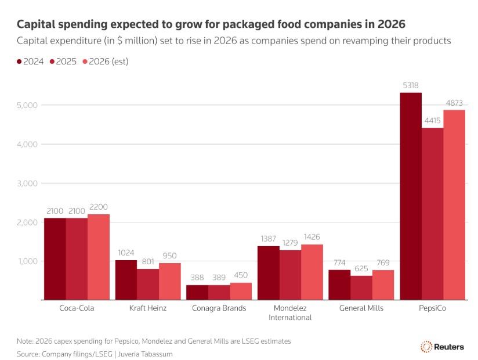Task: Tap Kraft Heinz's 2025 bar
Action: [x=148, y=285]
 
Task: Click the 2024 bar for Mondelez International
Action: [x=269, y=273]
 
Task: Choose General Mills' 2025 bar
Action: [x=361, y=288]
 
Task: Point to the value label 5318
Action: [x=411, y=86]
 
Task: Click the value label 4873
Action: [x=454, y=103]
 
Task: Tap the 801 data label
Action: [x=148, y=262]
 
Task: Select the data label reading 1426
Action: [x=312, y=237]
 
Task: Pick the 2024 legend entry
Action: [x=31, y=62]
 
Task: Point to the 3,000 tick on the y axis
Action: [x=26, y=183]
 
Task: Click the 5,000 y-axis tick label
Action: [x=26, y=105]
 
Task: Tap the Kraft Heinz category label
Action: [x=148, y=308]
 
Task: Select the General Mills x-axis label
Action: [x=361, y=308]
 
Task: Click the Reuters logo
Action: [x=442, y=347]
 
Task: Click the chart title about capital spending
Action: [x=211, y=24]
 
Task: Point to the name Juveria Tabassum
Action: [x=143, y=354]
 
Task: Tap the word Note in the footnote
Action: [x=26, y=341]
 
